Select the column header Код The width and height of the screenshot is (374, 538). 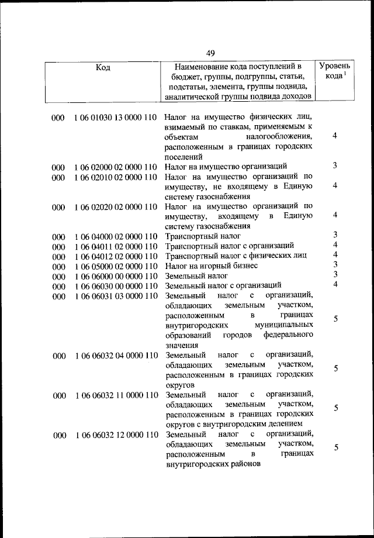(103, 67)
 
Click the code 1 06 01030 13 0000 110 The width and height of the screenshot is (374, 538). (115, 118)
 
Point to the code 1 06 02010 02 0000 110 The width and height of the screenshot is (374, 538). (115, 177)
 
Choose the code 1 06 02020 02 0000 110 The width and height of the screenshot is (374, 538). (115, 206)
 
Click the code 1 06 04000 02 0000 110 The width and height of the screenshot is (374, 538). (115, 237)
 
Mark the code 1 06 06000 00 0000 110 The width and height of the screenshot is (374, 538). (115, 276)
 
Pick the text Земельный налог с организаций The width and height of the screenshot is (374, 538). (224, 286)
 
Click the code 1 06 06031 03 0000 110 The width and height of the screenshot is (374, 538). (115, 296)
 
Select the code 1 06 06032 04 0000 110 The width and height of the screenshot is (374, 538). (115, 355)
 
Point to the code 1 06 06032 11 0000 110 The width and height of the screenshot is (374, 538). (115, 395)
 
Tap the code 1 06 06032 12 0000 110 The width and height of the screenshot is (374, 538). (115, 434)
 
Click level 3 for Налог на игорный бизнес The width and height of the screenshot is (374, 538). (335, 264)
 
